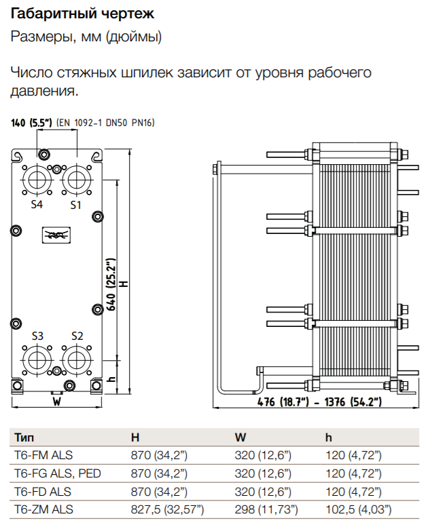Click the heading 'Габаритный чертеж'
pyautogui.click(x=82, y=14)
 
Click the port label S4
pyautogui.click(x=37, y=204)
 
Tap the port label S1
pyautogui.click(x=75, y=205)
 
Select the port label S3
pyautogui.click(x=38, y=336)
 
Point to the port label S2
pyautogui.click(x=77, y=336)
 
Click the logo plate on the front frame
pyautogui.click(x=56, y=235)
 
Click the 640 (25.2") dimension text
pyautogui.click(x=111, y=284)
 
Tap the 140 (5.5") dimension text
pyautogui.click(x=32, y=123)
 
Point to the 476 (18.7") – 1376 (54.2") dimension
pyautogui.click(x=319, y=402)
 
